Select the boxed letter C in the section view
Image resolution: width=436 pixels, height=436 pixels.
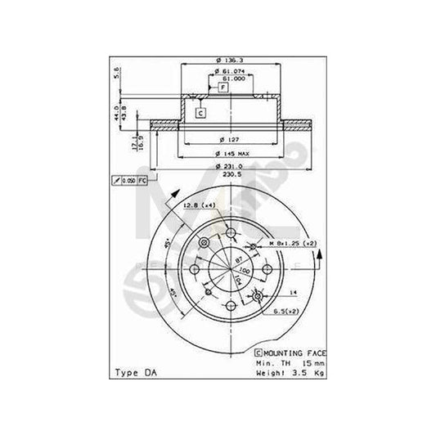coord(200,112)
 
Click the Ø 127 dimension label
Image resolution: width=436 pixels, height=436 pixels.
coord(230,138)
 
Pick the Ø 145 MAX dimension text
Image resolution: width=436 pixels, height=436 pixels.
coord(231,153)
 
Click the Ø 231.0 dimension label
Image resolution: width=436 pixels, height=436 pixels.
coord(231,166)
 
